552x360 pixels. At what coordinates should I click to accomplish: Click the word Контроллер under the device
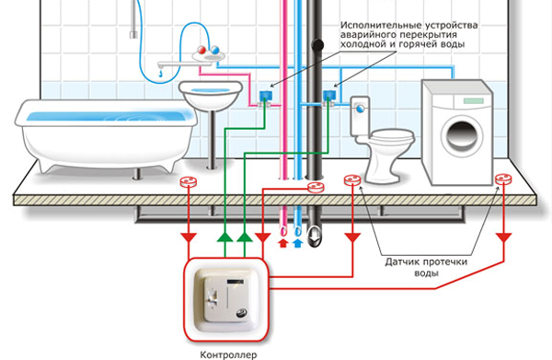point(228,354)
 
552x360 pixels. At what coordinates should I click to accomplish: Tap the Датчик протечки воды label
point(426,267)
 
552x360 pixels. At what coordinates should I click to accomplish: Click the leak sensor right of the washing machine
point(503,180)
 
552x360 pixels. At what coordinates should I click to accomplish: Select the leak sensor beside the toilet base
point(352,180)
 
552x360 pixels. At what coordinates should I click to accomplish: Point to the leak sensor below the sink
point(189,181)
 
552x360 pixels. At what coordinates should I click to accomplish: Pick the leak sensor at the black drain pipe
point(316,188)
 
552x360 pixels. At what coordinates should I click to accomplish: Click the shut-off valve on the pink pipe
point(265,98)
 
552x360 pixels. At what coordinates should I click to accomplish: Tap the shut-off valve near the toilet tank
point(328,98)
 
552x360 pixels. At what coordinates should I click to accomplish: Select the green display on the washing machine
point(473,101)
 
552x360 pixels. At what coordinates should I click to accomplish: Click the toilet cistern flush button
point(361,109)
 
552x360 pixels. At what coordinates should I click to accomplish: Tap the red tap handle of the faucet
point(202,50)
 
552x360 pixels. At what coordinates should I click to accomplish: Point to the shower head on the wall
point(133,34)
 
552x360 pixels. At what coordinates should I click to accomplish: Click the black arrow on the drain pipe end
point(315,236)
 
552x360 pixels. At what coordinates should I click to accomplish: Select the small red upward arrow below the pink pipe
point(283,243)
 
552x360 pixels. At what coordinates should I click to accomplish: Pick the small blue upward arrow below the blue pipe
point(298,243)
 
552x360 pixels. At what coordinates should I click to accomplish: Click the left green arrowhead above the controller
point(225,237)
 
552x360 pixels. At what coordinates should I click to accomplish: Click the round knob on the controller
point(243,313)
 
